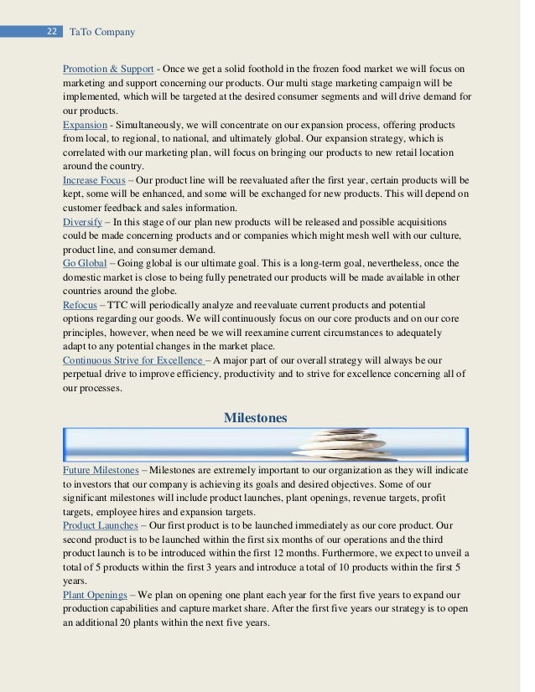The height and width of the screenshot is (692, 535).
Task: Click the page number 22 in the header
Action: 51,32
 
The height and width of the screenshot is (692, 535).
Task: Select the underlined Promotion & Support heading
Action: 108,68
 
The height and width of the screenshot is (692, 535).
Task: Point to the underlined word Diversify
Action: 82,221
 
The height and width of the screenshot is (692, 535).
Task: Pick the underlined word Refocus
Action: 80,304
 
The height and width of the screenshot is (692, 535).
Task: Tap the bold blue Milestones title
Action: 256,417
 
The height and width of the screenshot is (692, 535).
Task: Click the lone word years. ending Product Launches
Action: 75,580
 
